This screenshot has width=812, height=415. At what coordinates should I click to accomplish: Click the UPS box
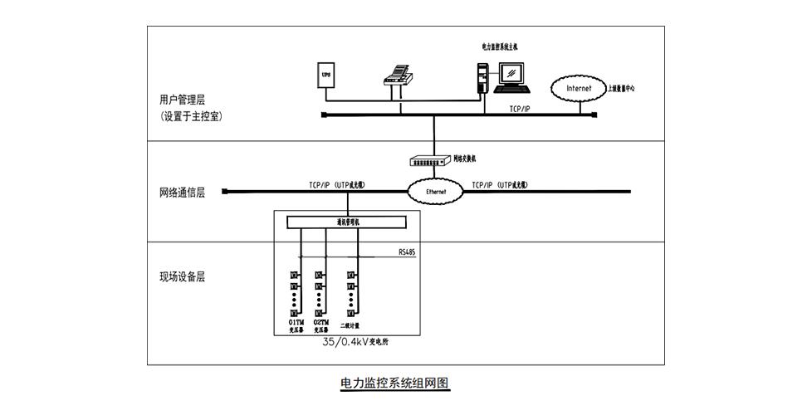pyautogui.click(x=326, y=76)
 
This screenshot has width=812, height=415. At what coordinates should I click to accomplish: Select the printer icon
pyautogui.click(x=398, y=76)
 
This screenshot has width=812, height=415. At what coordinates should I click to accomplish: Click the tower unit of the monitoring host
pyautogui.click(x=482, y=76)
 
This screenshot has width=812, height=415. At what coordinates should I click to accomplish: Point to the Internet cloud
pyautogui.click(x=579, y=87)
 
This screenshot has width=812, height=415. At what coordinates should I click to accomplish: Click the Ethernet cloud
pyautogui.click(x=435, y=192)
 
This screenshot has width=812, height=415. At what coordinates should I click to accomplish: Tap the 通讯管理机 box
pyautogui.click(x=347, y=222)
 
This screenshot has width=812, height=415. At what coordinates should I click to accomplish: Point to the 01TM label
pyautogui.click(x=296, y=321)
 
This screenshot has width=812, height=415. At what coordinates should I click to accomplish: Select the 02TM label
pyautogui.click(x=320, y=321)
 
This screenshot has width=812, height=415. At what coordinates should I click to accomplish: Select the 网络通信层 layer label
pyautogui.click(x=182, y=193)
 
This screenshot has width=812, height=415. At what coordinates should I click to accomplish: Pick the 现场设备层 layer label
pyautogui.click(x=182, y=277)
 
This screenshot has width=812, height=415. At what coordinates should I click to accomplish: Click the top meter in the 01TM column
pyautogui.click(x=293, y=275)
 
